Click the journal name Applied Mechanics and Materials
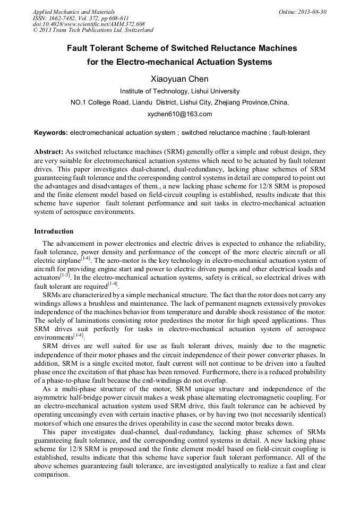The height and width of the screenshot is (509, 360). tap(73, 12)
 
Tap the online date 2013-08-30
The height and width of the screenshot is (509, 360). tap(312, 12)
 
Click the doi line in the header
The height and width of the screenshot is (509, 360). tap(89, 24)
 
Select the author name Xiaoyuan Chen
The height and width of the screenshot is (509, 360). tap(179, 79)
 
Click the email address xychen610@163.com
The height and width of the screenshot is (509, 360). tap(179, 114)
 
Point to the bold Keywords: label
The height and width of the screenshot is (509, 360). tap(51, 132)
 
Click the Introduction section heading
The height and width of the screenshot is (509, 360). tap(54, 231)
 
